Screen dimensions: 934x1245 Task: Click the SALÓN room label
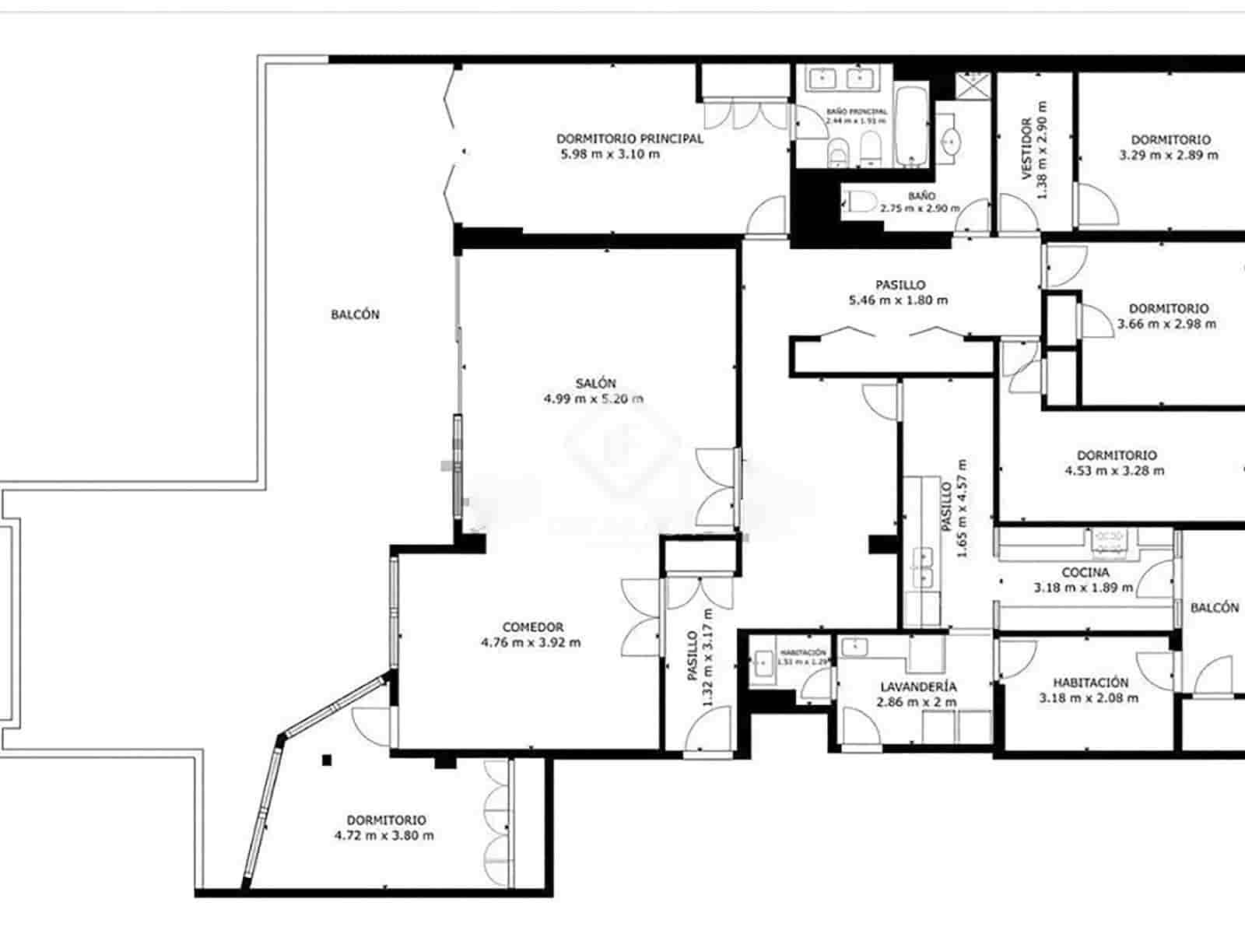595,383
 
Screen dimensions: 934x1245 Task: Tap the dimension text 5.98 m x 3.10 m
610,154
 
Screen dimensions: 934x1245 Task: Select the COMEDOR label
532,627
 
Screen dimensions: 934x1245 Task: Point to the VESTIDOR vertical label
1026,149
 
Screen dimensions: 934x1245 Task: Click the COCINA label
1085,572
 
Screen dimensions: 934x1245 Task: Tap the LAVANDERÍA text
918,687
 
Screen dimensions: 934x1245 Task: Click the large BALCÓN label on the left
355,314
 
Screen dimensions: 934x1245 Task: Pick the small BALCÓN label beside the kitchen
1214,608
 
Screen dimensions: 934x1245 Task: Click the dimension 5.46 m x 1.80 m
899,300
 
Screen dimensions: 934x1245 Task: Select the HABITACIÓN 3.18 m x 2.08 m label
1089,683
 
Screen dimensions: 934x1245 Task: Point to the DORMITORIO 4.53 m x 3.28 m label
1116,455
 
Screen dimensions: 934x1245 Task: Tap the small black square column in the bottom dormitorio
328,760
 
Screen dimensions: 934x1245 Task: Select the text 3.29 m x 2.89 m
1169,155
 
